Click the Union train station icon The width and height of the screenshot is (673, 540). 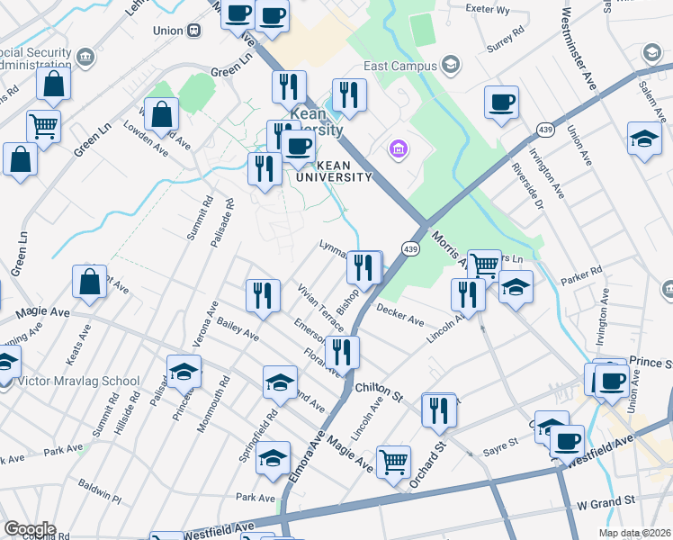tap(193, 30)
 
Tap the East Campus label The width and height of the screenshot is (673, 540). tap(399, 66)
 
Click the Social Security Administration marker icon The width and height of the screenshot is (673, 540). tap(86, 58)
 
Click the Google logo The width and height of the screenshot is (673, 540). tap(30, 529)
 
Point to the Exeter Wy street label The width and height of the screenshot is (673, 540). tap(488, 9)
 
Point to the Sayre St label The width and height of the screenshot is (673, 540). tap(502, 443)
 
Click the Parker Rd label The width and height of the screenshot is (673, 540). tap(583, 273)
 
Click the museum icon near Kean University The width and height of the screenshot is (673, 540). tap(399, 148)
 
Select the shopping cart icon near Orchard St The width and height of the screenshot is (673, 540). tap(393, 463)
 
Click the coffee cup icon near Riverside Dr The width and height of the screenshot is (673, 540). tap(501, 103)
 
